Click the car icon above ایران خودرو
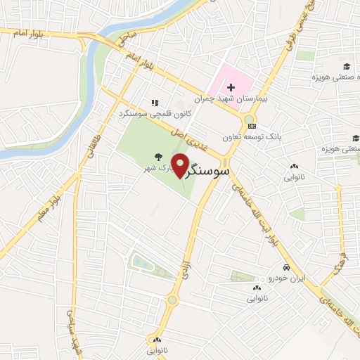tap(286, 268)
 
